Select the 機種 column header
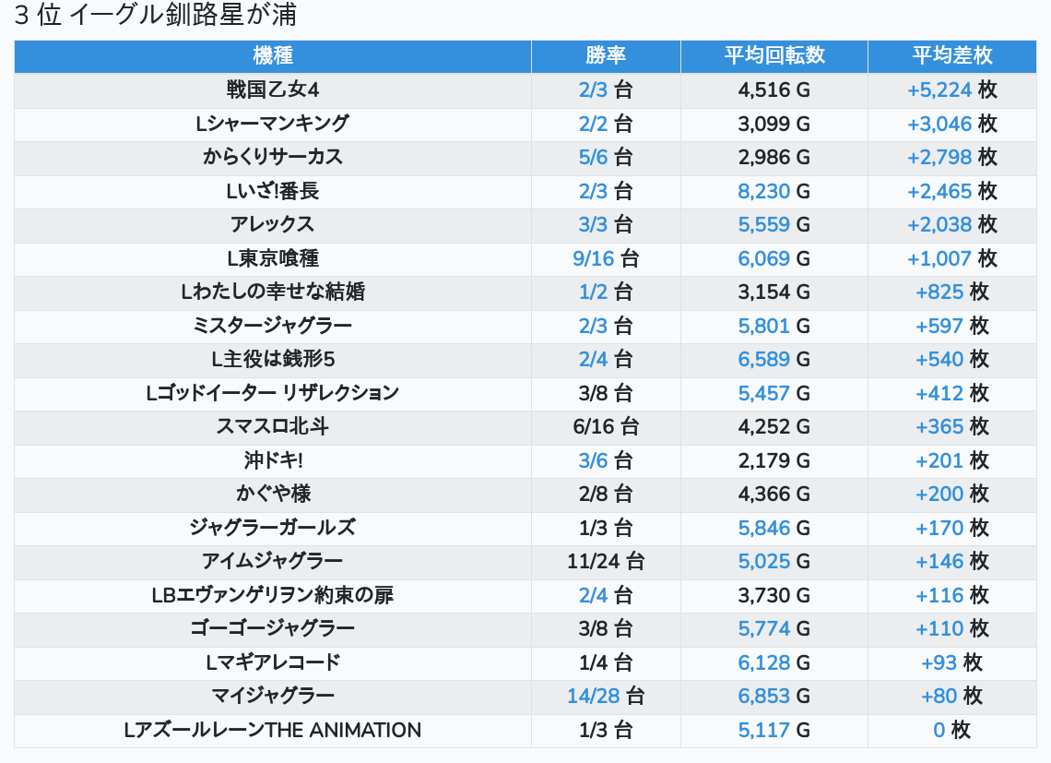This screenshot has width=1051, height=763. pos(272,55)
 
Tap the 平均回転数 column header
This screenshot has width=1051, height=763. pos(773,55)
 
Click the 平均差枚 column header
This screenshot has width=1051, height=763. pos(951,55)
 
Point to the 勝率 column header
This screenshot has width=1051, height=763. pos(606,55)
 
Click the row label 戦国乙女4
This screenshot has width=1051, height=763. pos(272,89)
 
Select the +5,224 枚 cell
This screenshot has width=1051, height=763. pos(951,89)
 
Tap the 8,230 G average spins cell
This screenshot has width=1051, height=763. pos(773,191)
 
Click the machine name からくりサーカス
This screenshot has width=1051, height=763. pos(272,157)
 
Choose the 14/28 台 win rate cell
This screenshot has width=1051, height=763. pos(606,696)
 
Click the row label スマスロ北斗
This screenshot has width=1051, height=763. pos(272,426)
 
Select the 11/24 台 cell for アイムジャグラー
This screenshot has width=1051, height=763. pos(606,561)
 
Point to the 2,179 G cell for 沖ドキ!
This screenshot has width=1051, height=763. pos(773,460)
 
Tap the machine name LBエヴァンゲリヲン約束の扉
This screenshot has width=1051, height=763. pos(272,595)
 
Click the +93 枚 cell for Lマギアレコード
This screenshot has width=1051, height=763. pos(951,662)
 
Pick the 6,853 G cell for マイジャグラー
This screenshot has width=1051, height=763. pos(773,696)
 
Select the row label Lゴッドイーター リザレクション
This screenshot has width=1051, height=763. pos(272,393)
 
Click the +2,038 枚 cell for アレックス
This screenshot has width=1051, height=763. pos(951,224)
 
